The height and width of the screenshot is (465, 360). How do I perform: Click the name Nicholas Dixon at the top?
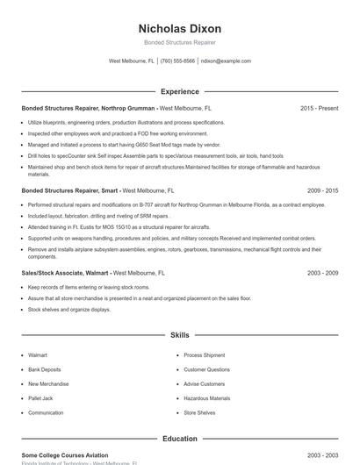pos(180,29)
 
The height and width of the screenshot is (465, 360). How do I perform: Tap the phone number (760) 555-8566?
pos(177,61)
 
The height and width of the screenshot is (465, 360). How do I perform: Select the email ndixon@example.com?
pos(226,61)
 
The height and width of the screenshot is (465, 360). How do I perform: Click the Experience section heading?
pos(180,91)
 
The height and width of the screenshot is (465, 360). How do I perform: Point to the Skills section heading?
pos(180,335)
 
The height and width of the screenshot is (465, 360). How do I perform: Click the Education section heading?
pos(180,438)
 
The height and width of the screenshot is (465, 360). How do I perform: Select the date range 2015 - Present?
pos(319,108)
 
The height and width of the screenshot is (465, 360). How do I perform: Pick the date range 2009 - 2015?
pos(322,190)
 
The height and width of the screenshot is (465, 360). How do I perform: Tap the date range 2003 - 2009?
pos(322,273)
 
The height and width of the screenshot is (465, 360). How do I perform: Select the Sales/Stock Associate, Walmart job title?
pos(66,273)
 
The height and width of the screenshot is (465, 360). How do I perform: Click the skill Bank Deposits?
pos(44,369)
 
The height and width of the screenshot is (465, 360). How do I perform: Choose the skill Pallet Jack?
pos(41,398)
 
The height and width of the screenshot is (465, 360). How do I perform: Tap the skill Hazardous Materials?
pos(206,398)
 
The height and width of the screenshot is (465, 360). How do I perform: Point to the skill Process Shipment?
pos(205,355)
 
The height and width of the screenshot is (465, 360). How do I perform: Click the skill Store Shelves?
pos(199,412)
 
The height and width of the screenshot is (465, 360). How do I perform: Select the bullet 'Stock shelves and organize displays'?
pos(69,309)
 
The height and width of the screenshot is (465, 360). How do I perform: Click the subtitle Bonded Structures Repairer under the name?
pos(180,42)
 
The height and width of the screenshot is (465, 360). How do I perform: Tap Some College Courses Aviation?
pos(65,455)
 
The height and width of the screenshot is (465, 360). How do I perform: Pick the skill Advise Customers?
pos(204,384)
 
